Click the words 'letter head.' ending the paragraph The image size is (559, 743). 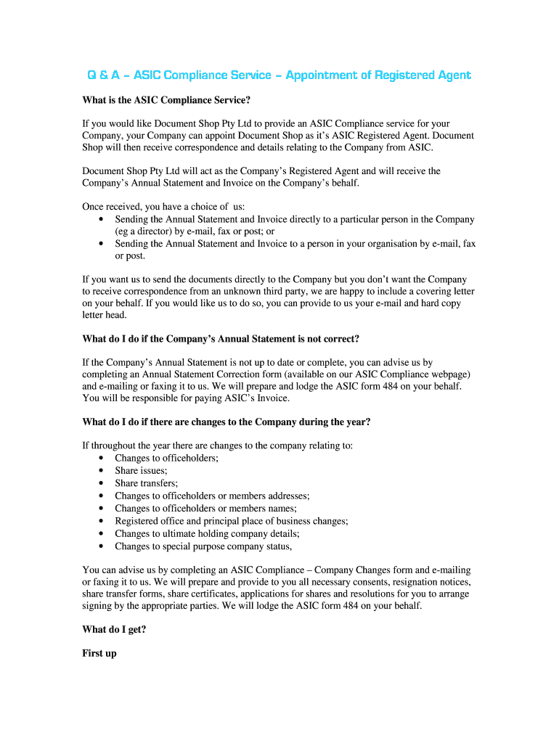pyautogui.click(x=105, y=315)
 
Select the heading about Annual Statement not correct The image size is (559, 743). pyautogui.click(x=221, y=339)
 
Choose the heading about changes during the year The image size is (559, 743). pyautogui.click(x=227, y=422)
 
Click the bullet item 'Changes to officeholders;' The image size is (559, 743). pyautogui.click(x=166, y=458)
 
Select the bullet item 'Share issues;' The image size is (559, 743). pyautogui.click(x=141, y=470)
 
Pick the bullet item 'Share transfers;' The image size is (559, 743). pyautogui.click(x=146, y=483)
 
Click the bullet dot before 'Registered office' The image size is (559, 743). pyautogui.click(x=99, y=521)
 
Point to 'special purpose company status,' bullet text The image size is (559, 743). pyautogui.click(x=227, y=546)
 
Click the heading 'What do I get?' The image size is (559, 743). pyautogui.click(x=114, y=630)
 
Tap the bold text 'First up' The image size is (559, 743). pyautogui.click(x=99, y=653)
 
